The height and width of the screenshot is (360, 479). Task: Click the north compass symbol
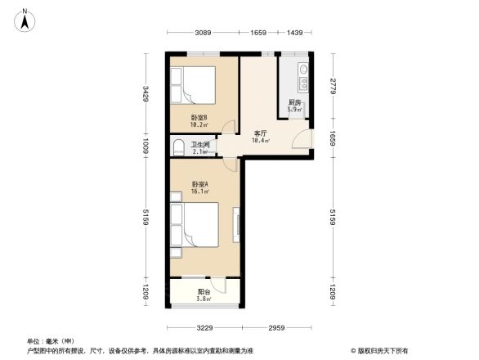25,18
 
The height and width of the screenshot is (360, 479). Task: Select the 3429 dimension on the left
145,94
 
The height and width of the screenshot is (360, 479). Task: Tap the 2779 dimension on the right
333,87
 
